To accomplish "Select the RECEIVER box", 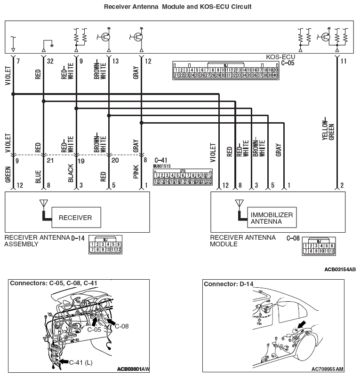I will coord(75,218).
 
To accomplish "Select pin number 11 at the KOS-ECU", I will coord(343,62).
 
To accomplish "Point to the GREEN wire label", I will coord(8,174).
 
